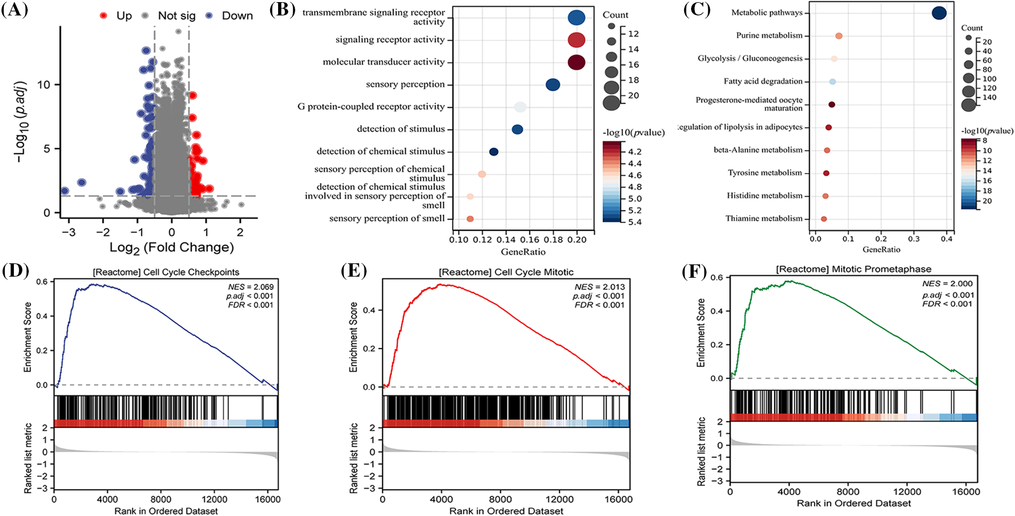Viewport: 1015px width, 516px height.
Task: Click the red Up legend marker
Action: (103, 16)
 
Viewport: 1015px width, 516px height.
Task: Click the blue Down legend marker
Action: (209, 16)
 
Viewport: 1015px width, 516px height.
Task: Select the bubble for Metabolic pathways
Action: (939, 13)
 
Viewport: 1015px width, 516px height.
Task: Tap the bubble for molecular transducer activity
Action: (576, 62)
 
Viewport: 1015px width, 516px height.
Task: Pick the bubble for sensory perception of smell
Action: (470, 219)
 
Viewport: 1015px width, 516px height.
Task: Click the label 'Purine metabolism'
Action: (769, 36)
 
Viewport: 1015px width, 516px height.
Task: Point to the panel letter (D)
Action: (15, 271)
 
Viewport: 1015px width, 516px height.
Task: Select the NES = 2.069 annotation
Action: (250, 287)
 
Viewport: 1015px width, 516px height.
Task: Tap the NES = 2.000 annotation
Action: (947, 284)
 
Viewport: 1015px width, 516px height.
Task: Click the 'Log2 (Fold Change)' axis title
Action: (172, 247)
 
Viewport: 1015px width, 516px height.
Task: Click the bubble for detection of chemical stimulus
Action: (494, 152)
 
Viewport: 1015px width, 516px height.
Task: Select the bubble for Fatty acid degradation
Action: (832, 82)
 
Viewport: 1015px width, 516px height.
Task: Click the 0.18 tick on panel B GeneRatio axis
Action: (553, 240)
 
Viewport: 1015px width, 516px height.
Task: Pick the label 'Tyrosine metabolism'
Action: (765, 173)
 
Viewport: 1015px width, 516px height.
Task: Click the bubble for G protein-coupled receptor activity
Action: (520, 107)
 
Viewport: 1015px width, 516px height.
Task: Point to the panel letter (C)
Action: (697, 11)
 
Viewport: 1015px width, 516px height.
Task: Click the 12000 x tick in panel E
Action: (559, 499)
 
